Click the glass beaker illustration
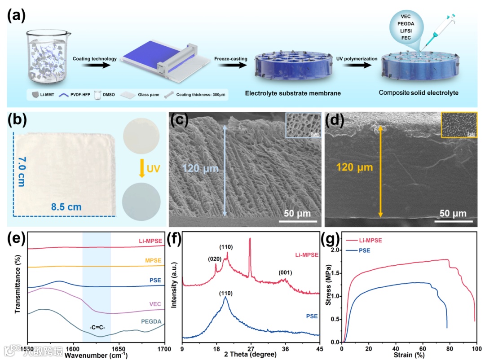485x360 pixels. (x=47, y=58)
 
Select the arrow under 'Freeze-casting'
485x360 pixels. (x=232, y=65)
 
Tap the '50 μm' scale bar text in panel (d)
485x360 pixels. (x=453, y=213)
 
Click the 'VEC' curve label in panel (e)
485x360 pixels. (x=155, y=304)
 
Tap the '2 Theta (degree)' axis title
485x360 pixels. (x=251, y=355)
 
